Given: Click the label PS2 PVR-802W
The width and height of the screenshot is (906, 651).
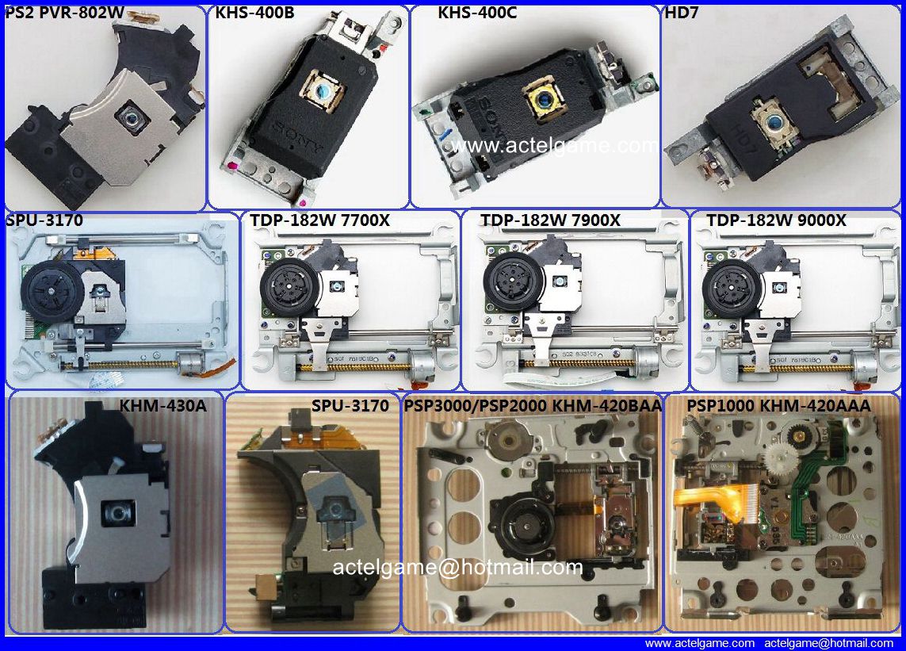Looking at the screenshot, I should coord(59,13).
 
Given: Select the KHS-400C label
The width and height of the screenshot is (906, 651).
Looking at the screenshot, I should coord(477,13).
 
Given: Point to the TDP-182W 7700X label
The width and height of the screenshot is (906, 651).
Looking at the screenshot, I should coord(319,221).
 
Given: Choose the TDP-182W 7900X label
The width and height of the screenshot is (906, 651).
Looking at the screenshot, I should coord(550,221).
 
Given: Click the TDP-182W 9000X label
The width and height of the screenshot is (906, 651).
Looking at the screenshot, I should coord(776,221).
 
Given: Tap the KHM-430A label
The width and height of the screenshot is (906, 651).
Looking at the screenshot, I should coord(162,406).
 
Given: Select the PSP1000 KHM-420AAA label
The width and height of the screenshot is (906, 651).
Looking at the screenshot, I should coord(778,406).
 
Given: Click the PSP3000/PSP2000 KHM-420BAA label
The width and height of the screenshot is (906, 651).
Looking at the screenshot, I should coord(533,406).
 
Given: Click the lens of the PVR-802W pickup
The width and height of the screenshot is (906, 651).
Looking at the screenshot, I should coord(127,117).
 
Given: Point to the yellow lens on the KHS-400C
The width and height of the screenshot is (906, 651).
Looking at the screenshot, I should coord(545,101).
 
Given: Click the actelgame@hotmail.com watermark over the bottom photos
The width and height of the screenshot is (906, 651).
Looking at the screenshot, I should coord(457,567).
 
